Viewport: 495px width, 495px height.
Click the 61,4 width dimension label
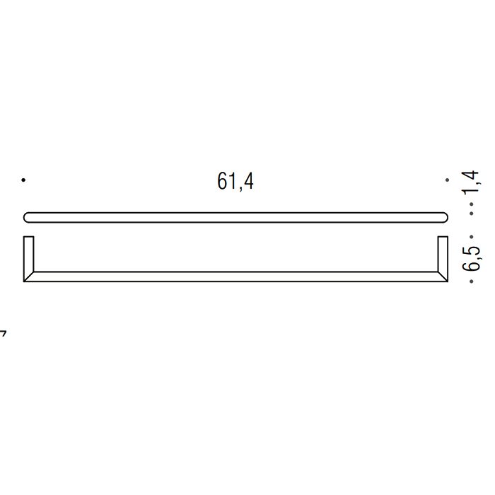(235, 182)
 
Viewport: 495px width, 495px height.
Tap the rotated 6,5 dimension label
(472, 257)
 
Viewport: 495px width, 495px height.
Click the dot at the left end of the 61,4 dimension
(23, 180)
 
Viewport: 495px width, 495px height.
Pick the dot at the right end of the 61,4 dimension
(447, 180)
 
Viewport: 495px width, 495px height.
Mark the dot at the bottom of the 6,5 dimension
(472, 281)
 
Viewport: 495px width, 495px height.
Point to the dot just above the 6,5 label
(472, 235)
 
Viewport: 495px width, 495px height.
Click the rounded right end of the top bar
(443, 217)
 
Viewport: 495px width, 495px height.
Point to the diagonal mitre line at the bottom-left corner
(29, 276)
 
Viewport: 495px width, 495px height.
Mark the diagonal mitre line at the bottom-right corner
(443, 276)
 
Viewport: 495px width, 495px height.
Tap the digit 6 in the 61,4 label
(222, 182)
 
